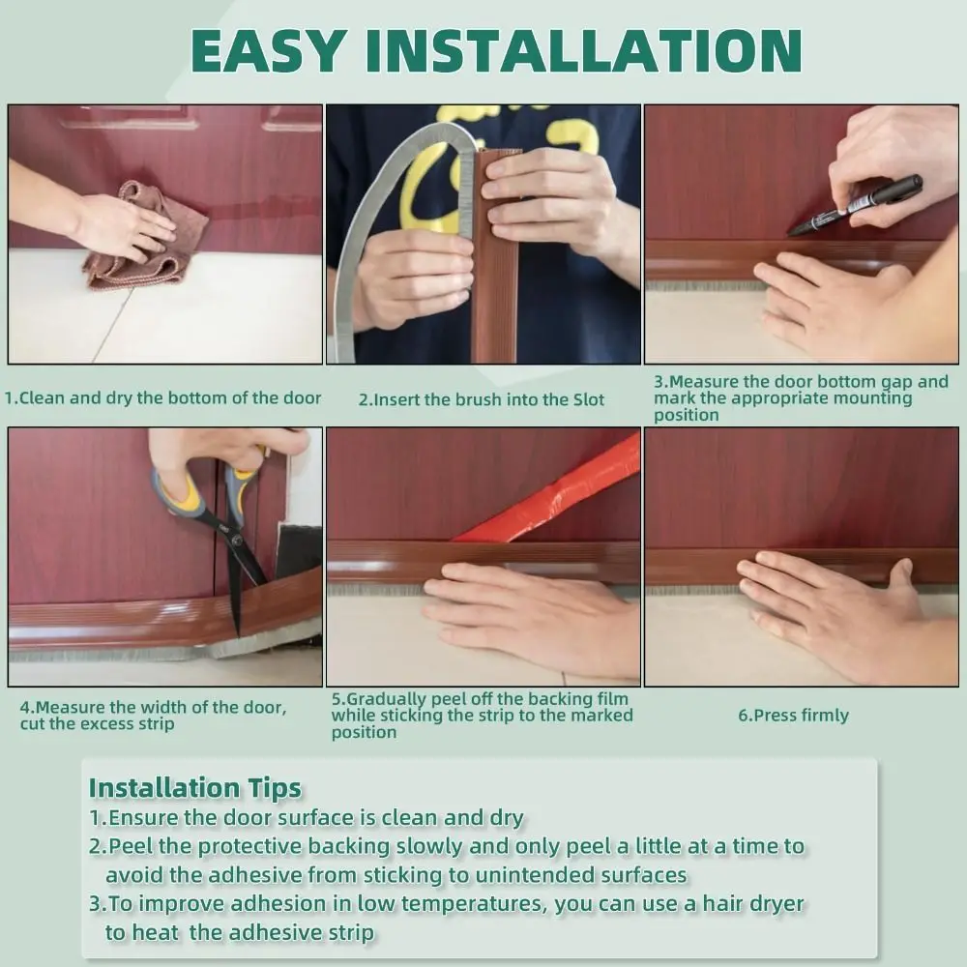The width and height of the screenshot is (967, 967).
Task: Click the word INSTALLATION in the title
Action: [583, 50]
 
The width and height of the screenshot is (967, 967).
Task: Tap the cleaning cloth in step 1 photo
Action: [148, 238]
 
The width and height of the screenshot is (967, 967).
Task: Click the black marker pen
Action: [855, 205]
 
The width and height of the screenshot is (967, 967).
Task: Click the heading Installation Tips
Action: [195, 787]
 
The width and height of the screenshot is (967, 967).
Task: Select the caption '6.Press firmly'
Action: [793, 716]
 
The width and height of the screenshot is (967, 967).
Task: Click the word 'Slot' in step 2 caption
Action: [589, 399]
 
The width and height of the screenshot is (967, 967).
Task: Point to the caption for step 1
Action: [162, 398]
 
